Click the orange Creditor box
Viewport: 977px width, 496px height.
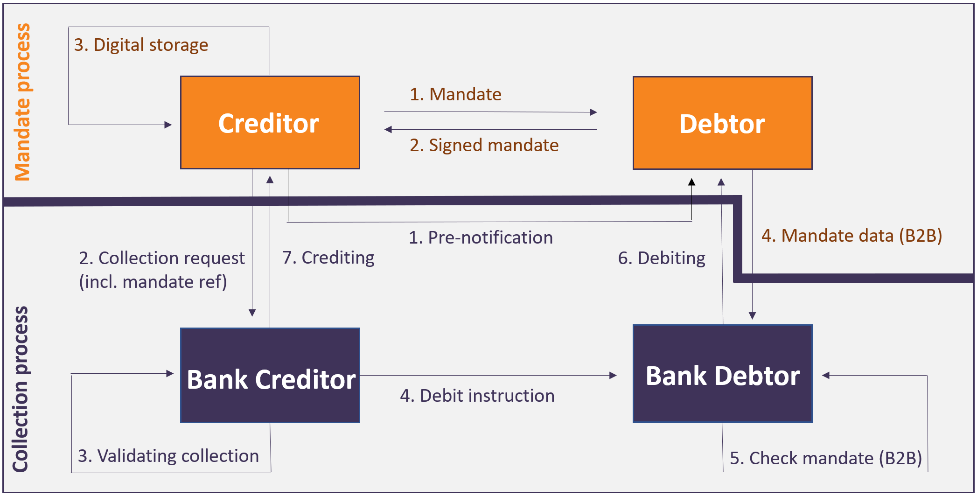point(270,123)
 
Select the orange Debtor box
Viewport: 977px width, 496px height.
point(722,123)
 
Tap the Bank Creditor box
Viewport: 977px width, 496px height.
point(270,376)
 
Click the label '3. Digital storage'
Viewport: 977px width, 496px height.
point(141,45)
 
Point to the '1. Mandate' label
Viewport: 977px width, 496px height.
point(455,94)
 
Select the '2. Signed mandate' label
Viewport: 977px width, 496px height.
point(484,145)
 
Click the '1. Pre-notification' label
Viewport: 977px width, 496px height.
point(481,238)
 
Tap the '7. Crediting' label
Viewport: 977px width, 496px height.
point(328,258)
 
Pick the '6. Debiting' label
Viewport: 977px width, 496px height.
point(662,258)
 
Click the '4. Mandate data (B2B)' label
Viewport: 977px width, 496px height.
point(851,236)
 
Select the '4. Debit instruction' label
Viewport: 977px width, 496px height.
point(477,396)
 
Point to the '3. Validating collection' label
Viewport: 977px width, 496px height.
point(168,456)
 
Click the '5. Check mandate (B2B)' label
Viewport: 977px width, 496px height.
point(826,458)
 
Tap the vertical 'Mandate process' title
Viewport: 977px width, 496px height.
point(22,102)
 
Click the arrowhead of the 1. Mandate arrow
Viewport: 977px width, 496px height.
point(593,112)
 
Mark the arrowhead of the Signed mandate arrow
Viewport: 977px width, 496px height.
point(388,129)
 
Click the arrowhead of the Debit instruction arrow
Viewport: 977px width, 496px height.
point(613,375)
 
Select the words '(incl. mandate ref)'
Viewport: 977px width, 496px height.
point(153,282)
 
